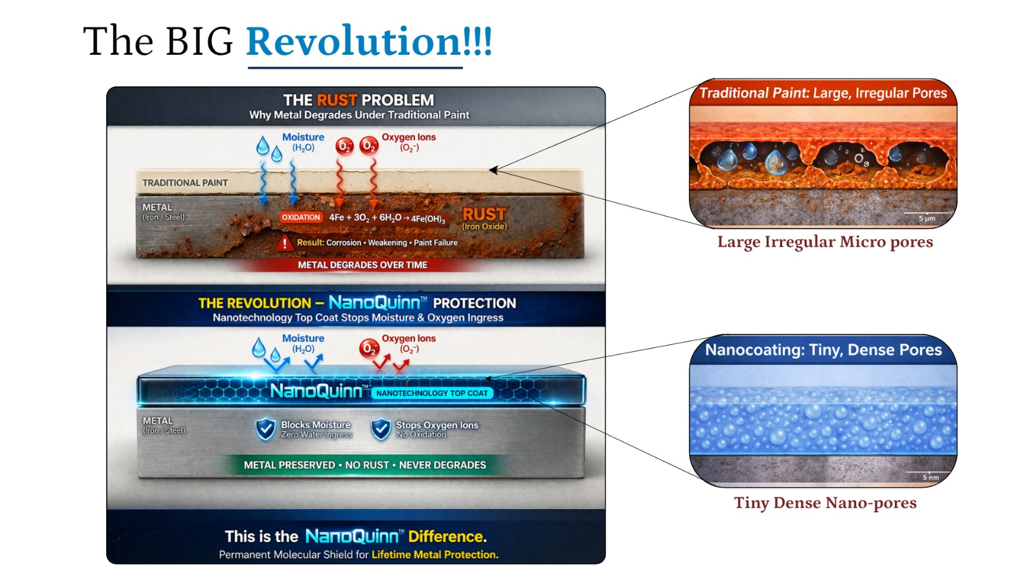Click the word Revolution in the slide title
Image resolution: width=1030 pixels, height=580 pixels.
353,41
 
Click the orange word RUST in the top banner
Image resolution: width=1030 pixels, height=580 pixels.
337,100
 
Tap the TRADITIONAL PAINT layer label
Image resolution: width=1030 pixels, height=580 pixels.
185,183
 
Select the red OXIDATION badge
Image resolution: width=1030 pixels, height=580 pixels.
301,217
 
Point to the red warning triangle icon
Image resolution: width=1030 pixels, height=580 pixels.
285,242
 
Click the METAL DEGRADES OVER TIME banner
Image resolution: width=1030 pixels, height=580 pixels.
362,265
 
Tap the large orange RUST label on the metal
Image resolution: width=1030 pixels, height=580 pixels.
483,214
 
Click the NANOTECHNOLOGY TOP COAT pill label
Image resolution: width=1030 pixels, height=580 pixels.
432,393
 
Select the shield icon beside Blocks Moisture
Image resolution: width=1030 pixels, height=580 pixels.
266,429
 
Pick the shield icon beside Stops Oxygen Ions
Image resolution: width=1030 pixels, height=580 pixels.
381,429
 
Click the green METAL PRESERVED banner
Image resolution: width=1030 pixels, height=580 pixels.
364,465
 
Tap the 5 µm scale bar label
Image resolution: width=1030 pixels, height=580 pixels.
927,218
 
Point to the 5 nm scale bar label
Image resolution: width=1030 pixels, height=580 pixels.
931,478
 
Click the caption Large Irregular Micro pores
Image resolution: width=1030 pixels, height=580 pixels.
825,242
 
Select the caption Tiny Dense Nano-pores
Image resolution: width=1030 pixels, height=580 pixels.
825,503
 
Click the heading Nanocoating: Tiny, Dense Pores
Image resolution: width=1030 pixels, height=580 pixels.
823,350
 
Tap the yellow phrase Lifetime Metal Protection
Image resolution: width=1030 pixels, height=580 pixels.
435,555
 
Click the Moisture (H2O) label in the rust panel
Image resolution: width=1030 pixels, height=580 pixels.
303,142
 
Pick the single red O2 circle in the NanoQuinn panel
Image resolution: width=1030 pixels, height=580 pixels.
370,349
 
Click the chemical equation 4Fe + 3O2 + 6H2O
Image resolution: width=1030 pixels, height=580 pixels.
387,218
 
